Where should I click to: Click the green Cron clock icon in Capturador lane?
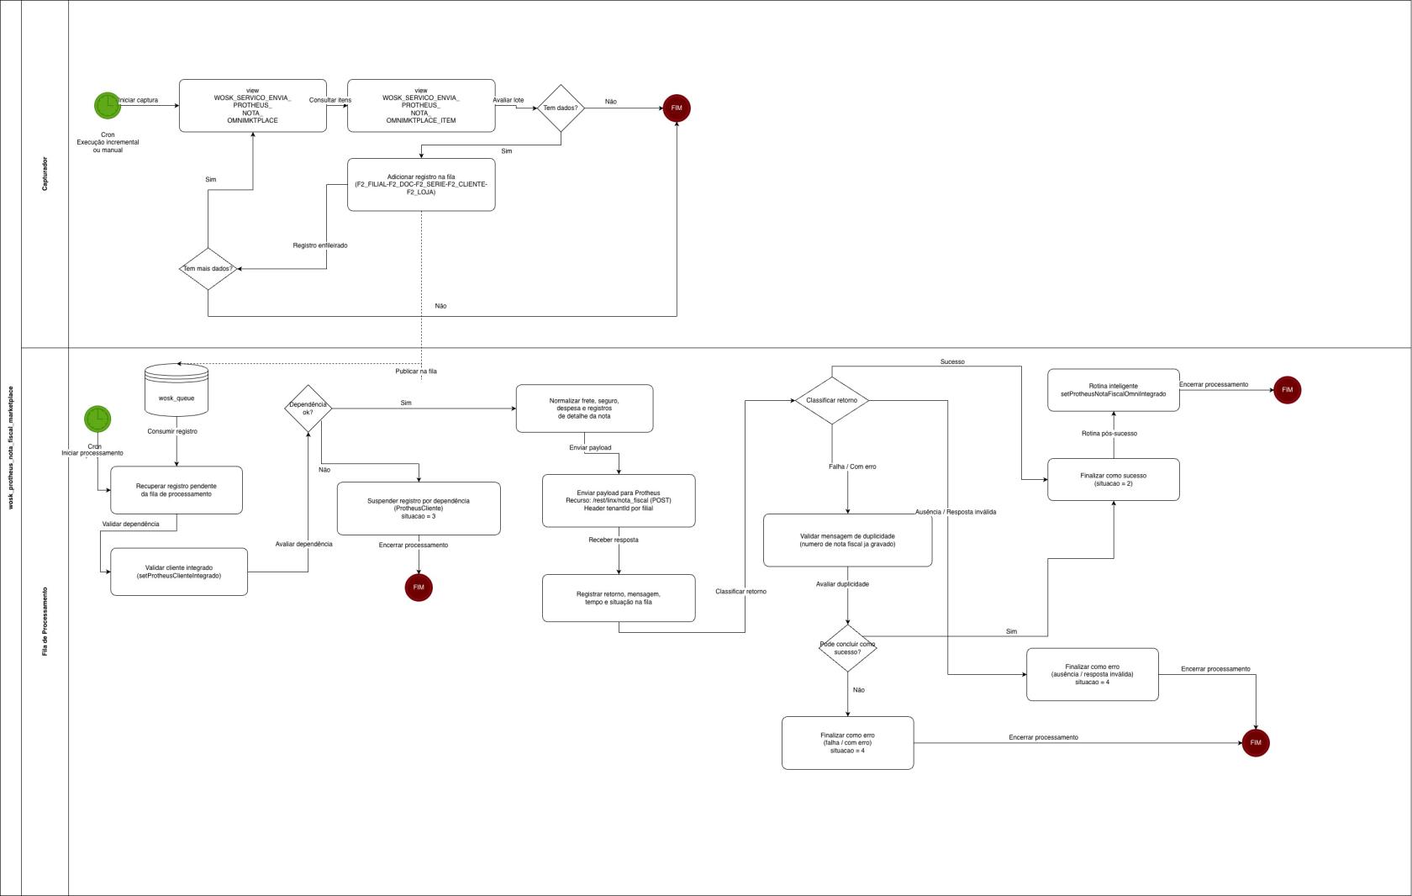coord(108,106)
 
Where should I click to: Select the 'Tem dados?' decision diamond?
coord(561,108)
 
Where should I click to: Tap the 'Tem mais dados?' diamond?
coord(208,269)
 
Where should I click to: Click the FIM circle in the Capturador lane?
coord(677,108)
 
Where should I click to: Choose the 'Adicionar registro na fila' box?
coord(421,185)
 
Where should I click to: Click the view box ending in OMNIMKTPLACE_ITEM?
coord(421,106)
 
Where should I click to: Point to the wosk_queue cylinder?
coord(176,390)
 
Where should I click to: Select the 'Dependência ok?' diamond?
coord(308,408)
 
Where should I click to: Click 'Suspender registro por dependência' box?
coord(419,509)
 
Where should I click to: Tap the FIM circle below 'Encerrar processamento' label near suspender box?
coord(419,588)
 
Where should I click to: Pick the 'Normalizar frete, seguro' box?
coord(584,408)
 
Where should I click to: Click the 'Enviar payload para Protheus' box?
coord(619,501)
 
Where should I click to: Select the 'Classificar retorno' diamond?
coord(832,400)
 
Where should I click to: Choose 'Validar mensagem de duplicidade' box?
coord(847,540)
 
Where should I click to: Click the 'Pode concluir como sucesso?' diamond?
coord(847,648)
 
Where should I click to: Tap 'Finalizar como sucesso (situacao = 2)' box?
coord(1113,480)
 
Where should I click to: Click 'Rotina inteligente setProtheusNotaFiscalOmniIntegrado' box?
coord(1113,390)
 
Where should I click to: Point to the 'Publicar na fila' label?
coord(416,372)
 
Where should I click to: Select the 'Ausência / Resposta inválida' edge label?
coord(956,512)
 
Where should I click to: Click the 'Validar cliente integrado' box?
coord(179,572)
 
